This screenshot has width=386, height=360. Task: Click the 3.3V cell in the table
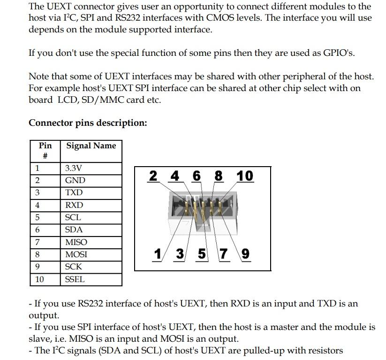[91, 169]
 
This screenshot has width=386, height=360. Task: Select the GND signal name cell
[91, 181]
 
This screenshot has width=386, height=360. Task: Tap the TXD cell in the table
[91, 193]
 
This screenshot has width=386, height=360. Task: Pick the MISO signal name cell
[91, 243]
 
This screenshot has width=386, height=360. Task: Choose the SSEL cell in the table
[91, 280]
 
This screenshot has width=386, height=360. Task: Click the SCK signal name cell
[91, 267]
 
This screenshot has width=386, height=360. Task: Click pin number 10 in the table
[39, 279]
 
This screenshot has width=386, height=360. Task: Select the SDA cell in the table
[91, 230]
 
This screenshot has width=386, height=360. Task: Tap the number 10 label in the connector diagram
[245, 176]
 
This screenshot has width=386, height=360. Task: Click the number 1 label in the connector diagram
[158, 254]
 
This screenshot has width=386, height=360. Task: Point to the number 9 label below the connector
[245, 254]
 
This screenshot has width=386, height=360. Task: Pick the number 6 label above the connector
[197, 176]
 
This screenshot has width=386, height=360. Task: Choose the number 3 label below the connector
[180, 254]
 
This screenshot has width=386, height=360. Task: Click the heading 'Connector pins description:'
[88, 123]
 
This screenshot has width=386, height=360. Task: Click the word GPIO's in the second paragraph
[339, 53]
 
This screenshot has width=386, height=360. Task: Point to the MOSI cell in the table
[91, 255]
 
